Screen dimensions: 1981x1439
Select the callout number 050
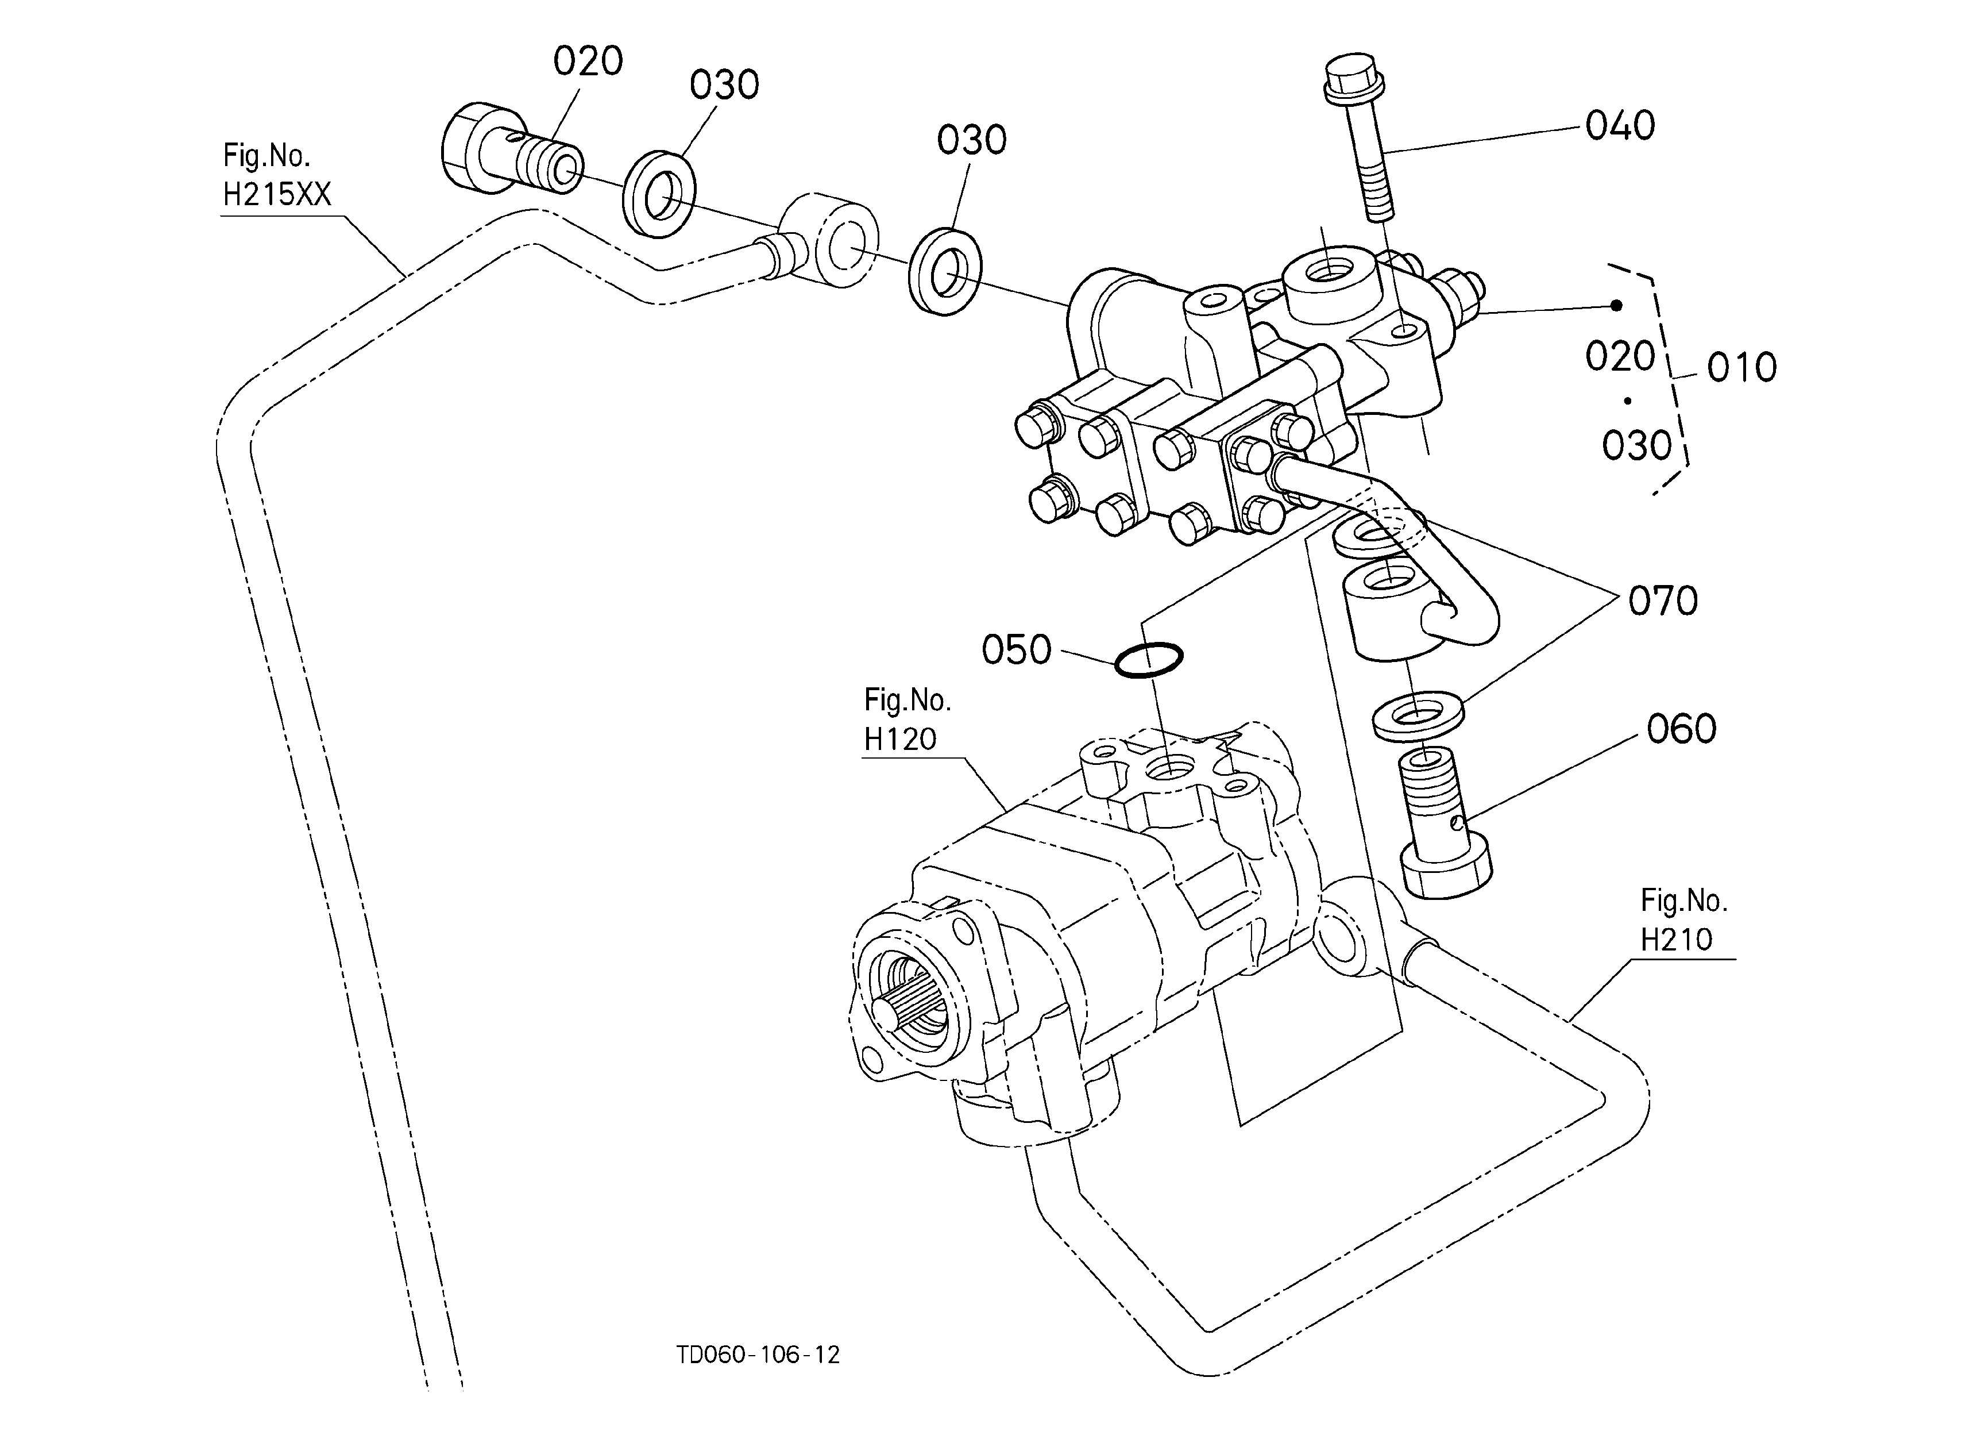(x=1016, y=650)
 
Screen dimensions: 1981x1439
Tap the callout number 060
(x=1681, y=729)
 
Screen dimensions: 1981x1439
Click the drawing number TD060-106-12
(x=758, y=1355)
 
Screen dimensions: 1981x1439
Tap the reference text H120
(x=899, y=739)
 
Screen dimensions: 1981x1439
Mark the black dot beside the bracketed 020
(x=1617, y=305)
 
